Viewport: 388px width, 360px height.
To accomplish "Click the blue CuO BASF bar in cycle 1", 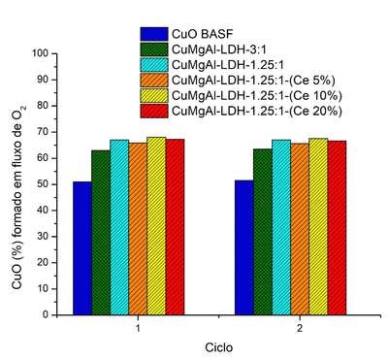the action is pyautogui.click(x=82, y=248).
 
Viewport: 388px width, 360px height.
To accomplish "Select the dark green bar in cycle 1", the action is pyautogui.click(x=101, y=233).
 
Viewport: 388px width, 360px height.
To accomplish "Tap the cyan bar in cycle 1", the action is pyautogui.click(x=119, y=227).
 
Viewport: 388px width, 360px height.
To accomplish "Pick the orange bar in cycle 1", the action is pyautogui.click(x=138, y=229).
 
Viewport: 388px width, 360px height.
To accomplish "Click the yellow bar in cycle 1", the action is pyautogui.click(x=156, y=226).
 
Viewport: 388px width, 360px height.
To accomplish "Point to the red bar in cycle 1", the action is pyautogui.click(x=175, y=227).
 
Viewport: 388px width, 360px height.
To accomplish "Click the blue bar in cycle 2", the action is pyautogui.click(x=244, y=247).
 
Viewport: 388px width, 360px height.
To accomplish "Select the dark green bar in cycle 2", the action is pyautogui.click(x=263, y=232).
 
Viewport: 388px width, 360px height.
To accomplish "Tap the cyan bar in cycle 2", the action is pyautogui.click(x=281, y=227).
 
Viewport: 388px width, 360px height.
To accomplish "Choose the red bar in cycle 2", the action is pyautogui.click(x=337, y=228).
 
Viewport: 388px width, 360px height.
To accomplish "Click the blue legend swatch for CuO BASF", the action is pyautogui.click(x=154, y=34).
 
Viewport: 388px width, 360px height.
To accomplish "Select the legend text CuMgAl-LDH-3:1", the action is pyautogui.click(x=221, y=49).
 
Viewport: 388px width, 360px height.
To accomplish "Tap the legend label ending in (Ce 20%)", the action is pyautogui.click(x=257, y=111).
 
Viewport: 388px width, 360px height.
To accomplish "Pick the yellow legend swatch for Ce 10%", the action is pyautogui.click(x=154, y=95).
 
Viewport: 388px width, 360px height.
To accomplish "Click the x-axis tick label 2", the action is pyautogui.click(x=300, y=329).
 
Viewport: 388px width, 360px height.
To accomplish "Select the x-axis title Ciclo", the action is pyautogui.click(x=219, y=347).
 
